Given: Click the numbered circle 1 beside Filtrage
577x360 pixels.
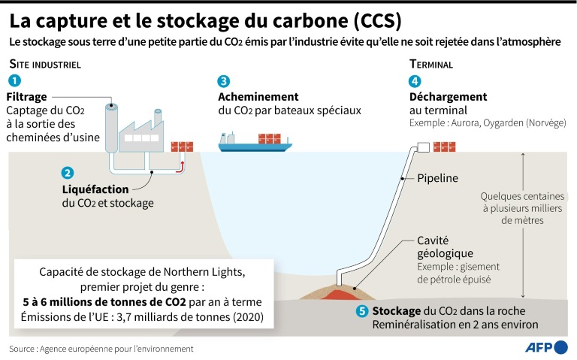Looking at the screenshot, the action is click(x=15, y=80).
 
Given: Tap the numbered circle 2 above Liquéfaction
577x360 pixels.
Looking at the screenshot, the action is click(x=68, y=173).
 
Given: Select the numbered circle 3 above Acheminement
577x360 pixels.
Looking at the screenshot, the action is click(x=224, y=81).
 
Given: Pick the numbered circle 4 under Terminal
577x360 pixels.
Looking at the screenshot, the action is click(x=415, y=81).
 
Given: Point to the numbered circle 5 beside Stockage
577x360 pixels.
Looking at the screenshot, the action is click(x=362, y=311).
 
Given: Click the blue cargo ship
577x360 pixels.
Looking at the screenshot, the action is click(x=255, y=143).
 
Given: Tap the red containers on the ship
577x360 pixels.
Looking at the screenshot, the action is click(x=270, y=138).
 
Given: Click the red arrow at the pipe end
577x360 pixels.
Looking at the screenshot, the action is click(x=180, y=167).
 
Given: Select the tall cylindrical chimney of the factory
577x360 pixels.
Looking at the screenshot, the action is click(x=111, y=128).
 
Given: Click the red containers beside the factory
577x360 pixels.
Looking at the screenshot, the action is click(x=182, y=147).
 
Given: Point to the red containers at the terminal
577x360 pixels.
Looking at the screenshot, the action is click(x=445, y=147).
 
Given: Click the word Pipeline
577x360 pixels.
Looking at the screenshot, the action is click(x=437, y=178).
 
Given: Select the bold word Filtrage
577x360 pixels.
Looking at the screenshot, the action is click(x=26, y=97).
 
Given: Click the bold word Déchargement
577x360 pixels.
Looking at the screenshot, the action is click(x=449, y=97).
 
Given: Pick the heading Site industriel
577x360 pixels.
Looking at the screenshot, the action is click(x=45, y=65).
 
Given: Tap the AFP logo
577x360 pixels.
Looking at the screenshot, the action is click(x=546, y=347).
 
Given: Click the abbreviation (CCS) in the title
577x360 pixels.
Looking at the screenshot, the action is click(x=377, y=21).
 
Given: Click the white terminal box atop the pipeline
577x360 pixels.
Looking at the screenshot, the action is click(x=424, y=147).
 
